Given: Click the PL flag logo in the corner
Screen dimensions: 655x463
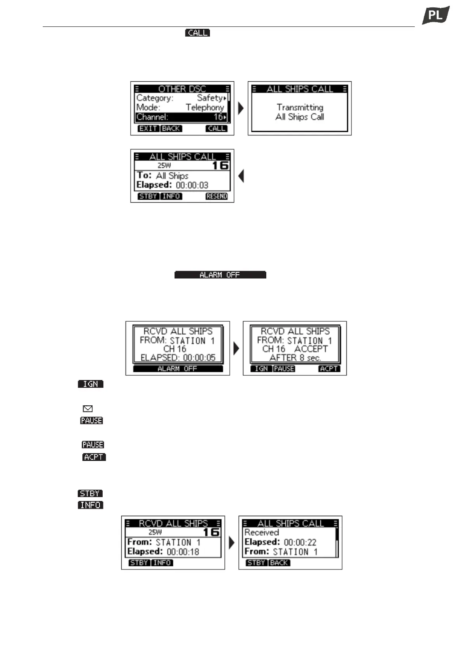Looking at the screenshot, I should (x=435, y=16).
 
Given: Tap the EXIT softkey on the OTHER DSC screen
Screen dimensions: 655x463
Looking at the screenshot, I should (x=148, y=128).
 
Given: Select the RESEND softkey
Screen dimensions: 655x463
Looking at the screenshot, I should (x=217, y=196).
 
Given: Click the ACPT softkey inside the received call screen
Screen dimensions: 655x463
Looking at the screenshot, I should (x=329, y=368).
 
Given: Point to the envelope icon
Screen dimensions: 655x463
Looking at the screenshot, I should (x=88, y=409).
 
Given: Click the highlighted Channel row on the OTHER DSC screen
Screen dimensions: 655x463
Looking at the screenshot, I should (x=181, y=117).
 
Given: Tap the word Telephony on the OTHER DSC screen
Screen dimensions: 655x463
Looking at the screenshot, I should (x=205, y=107).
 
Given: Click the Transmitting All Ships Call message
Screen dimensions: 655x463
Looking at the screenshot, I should (x=299, y=112).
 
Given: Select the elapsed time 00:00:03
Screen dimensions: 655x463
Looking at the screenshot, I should (x=192, y=185).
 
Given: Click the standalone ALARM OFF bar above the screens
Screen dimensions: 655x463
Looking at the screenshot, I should (x=220, y=275).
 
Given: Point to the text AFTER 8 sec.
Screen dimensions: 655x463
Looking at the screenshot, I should (x=295, y=358).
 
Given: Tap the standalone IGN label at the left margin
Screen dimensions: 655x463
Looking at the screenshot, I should (x=91, y=384).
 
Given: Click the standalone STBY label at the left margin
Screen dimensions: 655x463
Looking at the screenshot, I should (x=90, y=494).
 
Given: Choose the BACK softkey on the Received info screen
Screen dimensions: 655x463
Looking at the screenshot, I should (x=279, y=563).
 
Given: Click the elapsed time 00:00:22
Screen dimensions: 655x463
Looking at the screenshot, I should (x=300, y=542).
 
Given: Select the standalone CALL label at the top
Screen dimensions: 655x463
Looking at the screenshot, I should (x=197, y=33).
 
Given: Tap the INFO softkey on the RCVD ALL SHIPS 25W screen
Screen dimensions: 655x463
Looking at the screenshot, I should (x=162, y=563).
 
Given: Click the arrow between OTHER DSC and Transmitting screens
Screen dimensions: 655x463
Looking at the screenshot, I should (x=241, y=108).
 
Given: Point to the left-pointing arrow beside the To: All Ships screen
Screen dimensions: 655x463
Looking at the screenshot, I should (x=241, y=176).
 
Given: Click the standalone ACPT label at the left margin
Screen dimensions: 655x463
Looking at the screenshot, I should (x=94, y=457).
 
